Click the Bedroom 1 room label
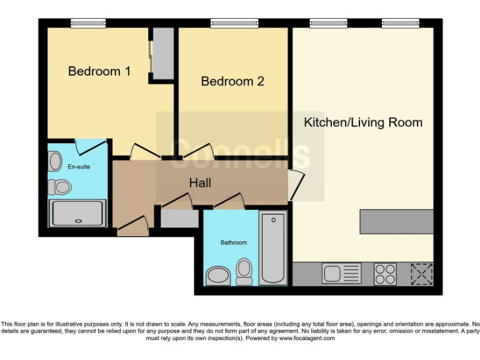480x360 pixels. coord(99,71)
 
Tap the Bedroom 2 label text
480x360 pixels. coord(232,81)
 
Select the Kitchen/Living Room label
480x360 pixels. coord(363,122)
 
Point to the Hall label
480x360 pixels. coord(200,183)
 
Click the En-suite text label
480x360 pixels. coord(78,167)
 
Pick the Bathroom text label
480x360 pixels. coord(233,242)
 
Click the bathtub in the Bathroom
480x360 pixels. coord(272,248)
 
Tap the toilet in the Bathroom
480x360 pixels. coord(244,271)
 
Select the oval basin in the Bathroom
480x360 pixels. coord(217,275)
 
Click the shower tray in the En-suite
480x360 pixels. coord(79,214)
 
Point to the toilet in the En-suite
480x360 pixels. coord(61,186)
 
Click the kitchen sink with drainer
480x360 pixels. coord(341,273)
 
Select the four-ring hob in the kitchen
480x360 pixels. coord(384,273)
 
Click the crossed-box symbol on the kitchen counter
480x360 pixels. coord(422,273)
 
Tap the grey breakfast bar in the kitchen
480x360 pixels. coord(396,221)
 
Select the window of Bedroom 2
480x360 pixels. coord(230,24)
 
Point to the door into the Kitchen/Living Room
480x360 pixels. coord(295,186)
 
